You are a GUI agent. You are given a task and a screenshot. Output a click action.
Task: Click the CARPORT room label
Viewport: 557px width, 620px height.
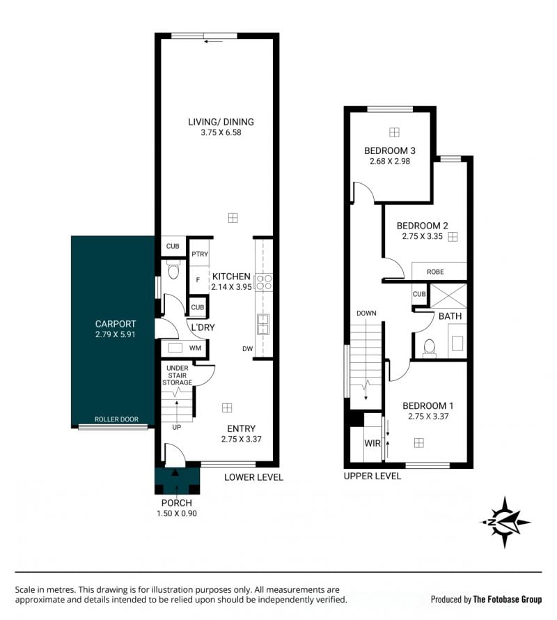tap(116, 324)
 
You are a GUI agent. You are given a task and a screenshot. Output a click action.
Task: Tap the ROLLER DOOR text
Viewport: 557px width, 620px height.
tap(116, 419)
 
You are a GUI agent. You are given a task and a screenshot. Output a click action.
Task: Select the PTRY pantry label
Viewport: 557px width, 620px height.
tap(200, 254)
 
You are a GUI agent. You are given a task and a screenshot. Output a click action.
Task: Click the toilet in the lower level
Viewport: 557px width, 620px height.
tap(173, 270)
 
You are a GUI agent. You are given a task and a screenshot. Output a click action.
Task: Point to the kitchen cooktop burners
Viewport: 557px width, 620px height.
tap(264, 282)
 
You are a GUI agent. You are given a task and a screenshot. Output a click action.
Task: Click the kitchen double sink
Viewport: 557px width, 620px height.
tap(264, 324)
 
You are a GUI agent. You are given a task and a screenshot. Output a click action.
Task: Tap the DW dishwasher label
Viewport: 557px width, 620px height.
tap(248, 349)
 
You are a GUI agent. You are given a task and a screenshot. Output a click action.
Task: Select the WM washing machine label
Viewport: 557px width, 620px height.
tap(195, 348)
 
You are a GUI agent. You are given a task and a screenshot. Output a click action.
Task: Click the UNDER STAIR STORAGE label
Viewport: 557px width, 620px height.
tap(177, 375)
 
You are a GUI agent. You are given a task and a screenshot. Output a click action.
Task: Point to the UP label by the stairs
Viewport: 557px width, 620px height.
tap(177, 428)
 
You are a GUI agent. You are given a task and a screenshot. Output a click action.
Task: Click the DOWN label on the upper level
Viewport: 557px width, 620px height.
tap(366, 313)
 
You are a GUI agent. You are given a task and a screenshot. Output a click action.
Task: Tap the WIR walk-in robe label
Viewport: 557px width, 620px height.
tap(372, 443)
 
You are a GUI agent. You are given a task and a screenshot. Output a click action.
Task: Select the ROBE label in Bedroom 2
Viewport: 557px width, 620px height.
tap(435, 272)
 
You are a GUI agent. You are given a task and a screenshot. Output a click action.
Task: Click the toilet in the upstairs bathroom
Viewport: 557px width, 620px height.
tap(429, 348)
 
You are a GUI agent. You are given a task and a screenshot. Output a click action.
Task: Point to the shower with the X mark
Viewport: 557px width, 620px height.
tap(448, 295)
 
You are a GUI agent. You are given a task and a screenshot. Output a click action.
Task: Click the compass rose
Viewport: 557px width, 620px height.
tap(505, 522)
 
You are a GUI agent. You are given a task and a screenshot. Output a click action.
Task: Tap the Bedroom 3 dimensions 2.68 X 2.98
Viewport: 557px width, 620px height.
tap(390, 162)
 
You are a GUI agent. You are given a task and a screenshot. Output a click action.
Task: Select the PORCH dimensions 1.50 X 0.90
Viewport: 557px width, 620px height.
tap(177, 513)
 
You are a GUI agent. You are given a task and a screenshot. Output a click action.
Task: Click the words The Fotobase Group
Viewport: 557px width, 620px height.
tap(508, 599)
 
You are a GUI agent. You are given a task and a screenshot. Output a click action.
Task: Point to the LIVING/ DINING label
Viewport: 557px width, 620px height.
tap(221, 122)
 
